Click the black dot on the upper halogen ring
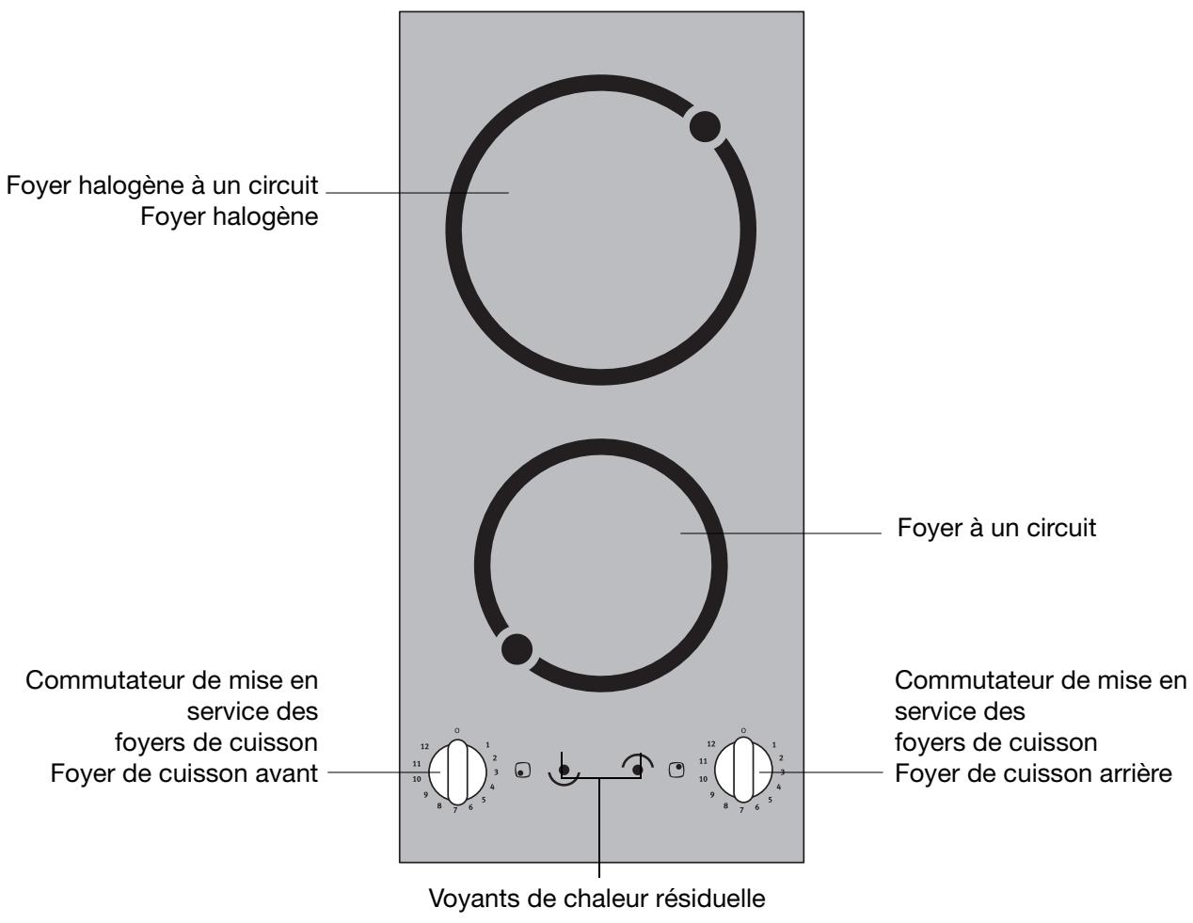[706, 127]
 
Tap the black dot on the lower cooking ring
[516, 648]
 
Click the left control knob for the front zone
[455, 770]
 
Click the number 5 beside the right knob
[770, 800]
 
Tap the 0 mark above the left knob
[457, 730]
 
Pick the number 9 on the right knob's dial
[712, 795]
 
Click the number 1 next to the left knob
[487, 744]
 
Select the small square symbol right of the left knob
[522, 771]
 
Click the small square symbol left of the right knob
[676, 770]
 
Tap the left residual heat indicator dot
[564, 771]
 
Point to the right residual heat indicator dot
[638, 771]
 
